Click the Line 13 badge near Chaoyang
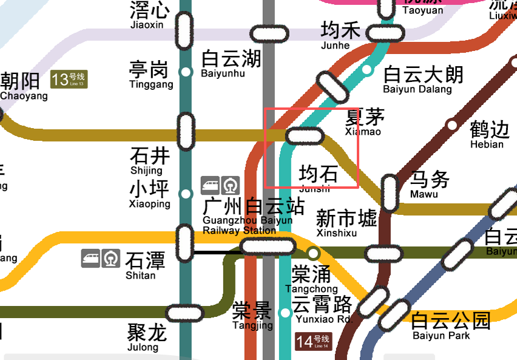coord(69,80)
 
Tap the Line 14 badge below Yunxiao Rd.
coord(313,341)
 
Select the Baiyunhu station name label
coord(231,63)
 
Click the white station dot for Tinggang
coord(186,72)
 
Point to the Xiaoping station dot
coord(186,194)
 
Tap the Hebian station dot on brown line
coord(451,125)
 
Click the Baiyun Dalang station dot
coord(367,70)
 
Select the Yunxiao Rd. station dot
coord(285,313)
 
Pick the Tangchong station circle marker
coord(313,253)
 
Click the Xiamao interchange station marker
coord(305,136)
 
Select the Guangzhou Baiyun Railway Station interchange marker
coord(268,246)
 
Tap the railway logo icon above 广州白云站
coord(231,185)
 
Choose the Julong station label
coord(146,337)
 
